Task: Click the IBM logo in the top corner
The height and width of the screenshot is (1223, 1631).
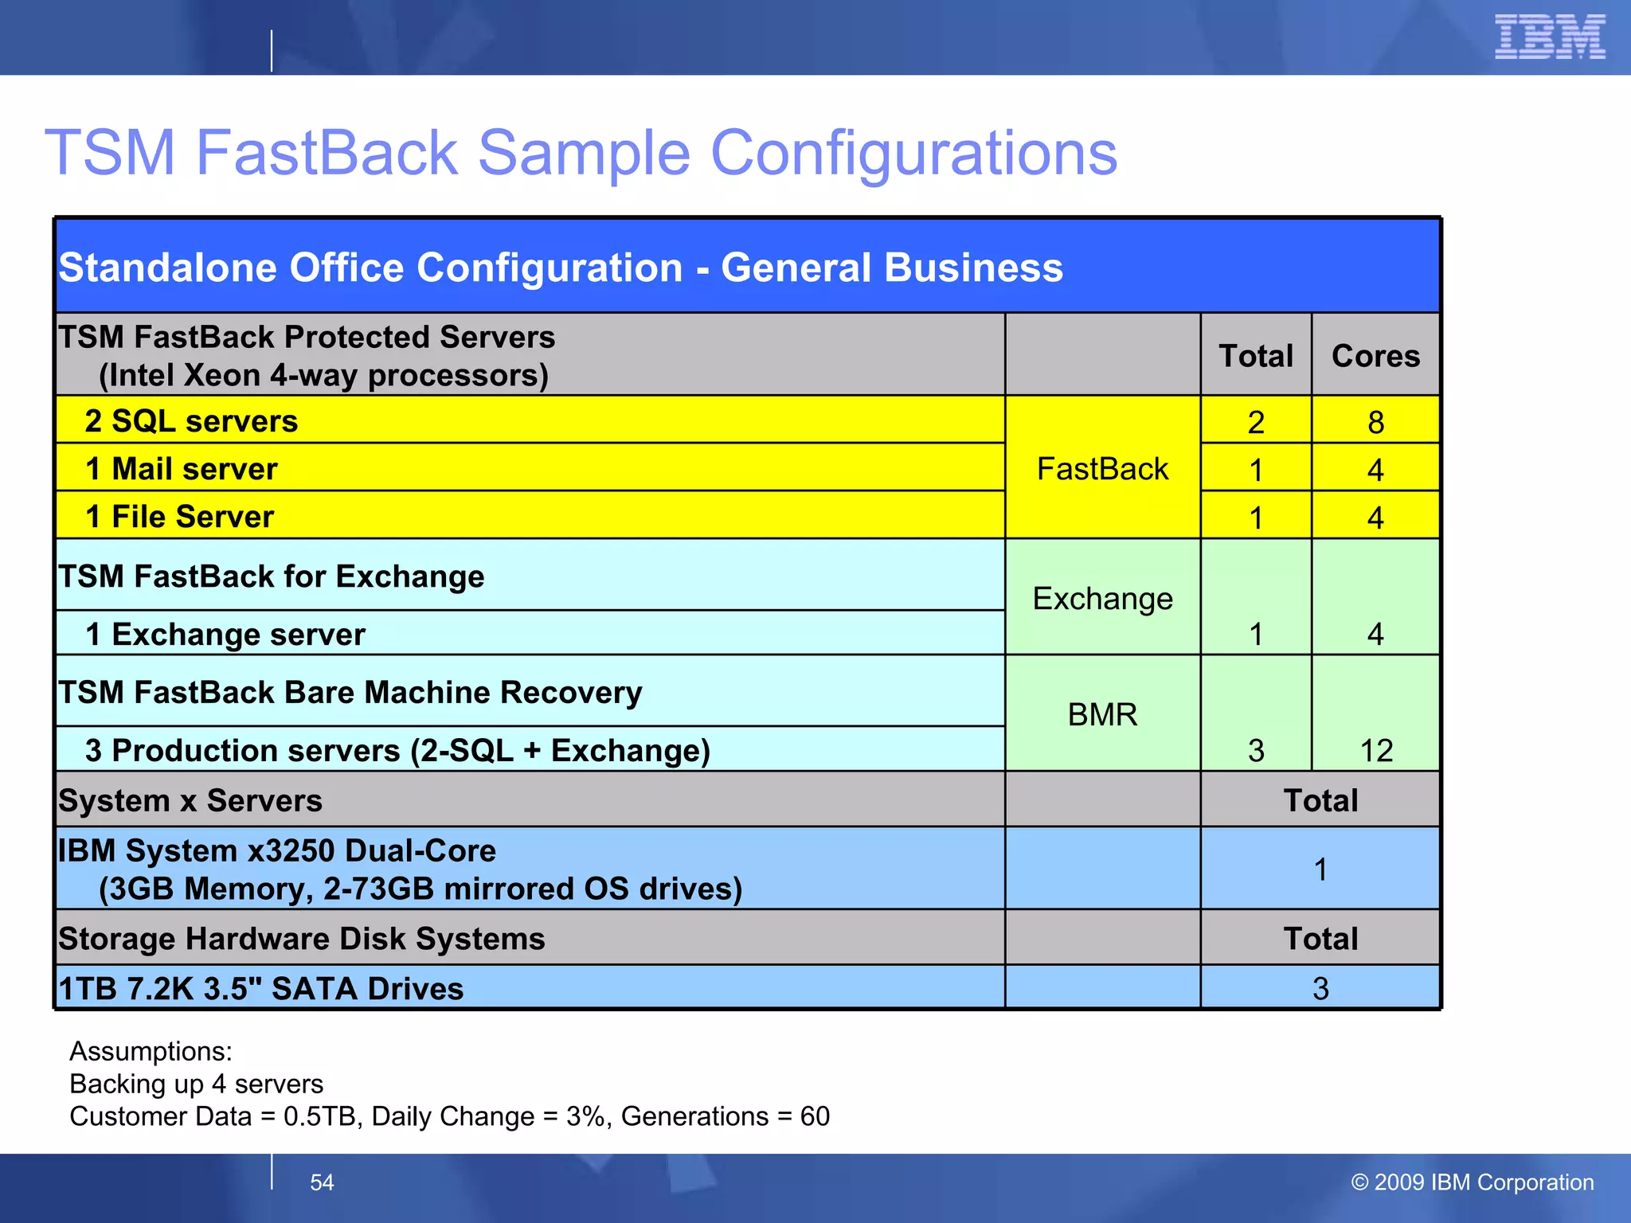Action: coord(1549,37)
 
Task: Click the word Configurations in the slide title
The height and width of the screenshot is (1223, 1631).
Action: coord(913,153)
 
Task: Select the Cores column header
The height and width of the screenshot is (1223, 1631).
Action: coord(1375,356)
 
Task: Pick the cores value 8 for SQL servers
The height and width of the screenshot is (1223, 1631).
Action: coord(1375,422)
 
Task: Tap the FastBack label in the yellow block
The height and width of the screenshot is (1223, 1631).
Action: coord(1102,469)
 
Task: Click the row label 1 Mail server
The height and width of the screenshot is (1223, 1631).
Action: coord(182,469)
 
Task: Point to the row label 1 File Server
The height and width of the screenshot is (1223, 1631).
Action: coord(179,517)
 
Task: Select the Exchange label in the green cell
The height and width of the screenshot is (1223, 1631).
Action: coord(1102,599)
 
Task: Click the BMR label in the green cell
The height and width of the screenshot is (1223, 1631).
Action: coord(1102,715)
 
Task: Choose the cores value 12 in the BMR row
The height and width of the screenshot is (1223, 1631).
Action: coord(1375,751)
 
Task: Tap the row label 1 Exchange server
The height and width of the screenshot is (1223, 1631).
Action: coord(225,635)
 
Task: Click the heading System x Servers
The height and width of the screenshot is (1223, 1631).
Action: coord(190,801)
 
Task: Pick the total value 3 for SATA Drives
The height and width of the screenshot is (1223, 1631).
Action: coord(1320,989)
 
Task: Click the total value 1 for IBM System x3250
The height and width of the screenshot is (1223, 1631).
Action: coord(1320,869)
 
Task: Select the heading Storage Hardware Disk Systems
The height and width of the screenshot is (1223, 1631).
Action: coord(302,939)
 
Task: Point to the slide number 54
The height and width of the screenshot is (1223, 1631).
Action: coord(322,1182)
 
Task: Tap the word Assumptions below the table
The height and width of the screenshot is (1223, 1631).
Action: coord(151,1052)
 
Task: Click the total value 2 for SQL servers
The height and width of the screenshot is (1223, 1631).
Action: coord(1256,422)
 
